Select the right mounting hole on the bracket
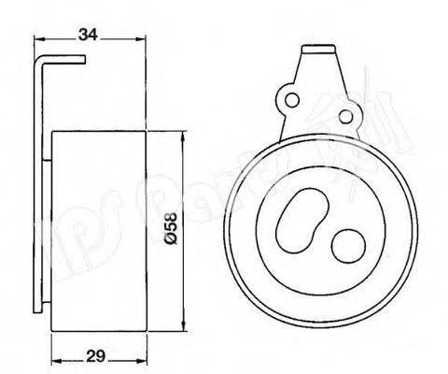[x=353, y=115]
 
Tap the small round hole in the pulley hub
[x=350, y=246]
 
